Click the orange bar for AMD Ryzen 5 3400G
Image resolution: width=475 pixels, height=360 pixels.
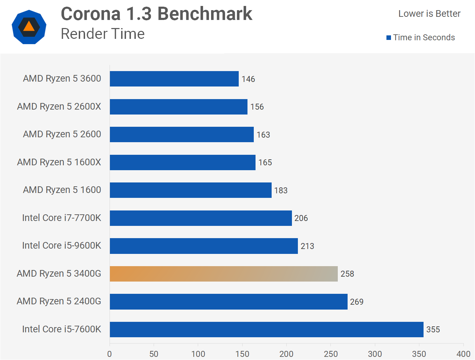point(224,274)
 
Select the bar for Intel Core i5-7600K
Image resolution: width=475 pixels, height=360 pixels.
point(266,330)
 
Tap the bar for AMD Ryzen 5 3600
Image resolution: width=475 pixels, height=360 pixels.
point(174,79)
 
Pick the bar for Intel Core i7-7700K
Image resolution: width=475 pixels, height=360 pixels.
point(201,218)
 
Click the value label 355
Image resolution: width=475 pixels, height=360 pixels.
point(433,330)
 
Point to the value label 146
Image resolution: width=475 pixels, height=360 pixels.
point(248,79)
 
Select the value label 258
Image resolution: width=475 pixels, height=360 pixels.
point(347,274)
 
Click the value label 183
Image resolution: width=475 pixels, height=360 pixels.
point(281,191)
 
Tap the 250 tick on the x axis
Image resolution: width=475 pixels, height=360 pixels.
point(331,354)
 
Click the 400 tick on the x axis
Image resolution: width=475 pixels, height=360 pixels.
point(463,354)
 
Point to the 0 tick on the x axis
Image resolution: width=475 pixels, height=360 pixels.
point(110,354)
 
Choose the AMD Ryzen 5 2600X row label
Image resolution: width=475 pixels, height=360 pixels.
point(59,106)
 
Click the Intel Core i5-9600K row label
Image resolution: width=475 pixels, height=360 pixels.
point(61,245)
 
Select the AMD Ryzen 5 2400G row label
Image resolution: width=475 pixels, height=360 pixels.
point(59,301)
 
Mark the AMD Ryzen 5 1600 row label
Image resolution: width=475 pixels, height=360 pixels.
point(62,190)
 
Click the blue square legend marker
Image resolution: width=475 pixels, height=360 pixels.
point(389,38)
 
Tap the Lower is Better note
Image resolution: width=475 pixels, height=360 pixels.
point(429,14)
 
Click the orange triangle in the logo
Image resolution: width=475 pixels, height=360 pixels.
point(29,27)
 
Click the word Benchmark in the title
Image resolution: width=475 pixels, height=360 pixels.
point(205,14)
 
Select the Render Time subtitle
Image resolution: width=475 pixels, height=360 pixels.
point(103,34)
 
